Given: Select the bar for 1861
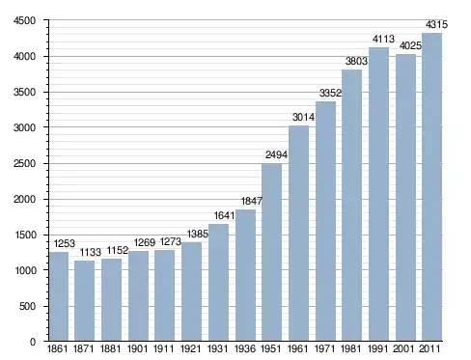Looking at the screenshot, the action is click(x=59, y=296).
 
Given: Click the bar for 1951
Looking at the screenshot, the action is click(x=271, y=252).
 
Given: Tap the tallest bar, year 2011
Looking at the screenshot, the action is click(x=431, y=187).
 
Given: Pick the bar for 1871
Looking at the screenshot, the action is click(x=85, y=300).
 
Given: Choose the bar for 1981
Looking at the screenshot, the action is click(x=351, y=206).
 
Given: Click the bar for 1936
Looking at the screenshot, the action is click(x=245, y=275).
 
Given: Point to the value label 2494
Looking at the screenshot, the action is click(x=276, y=154).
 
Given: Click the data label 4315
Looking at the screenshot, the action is click(x=436, y=24).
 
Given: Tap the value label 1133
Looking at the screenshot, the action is click(x=91, y=252).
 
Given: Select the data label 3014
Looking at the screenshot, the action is click(x=303, y=117).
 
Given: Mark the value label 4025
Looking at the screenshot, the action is click(x=410, y=45).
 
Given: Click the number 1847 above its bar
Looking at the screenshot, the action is click(x=252, y=201).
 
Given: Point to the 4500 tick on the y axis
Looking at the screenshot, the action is click(x=24, y=21).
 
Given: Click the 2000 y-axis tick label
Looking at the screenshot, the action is click(x=24, y=199).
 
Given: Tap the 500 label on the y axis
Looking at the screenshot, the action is click(x=27, y=306).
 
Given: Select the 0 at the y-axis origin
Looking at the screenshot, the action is click(x=33, y=342).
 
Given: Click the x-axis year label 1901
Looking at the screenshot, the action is click(x=137, y=348).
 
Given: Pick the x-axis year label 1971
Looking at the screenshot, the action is click(x=324, y=348).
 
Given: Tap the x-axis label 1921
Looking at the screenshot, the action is click(x=190, y=348).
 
